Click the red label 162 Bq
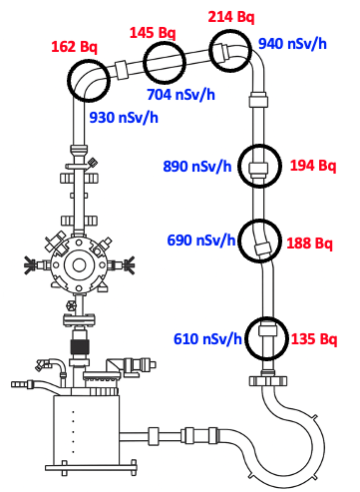74,47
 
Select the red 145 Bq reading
153,33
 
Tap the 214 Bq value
231,17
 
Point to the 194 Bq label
313,166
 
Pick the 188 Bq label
309,244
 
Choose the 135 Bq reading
314,339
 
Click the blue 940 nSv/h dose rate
292,44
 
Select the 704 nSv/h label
180,95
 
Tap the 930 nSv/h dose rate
124,118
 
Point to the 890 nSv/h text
197,166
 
